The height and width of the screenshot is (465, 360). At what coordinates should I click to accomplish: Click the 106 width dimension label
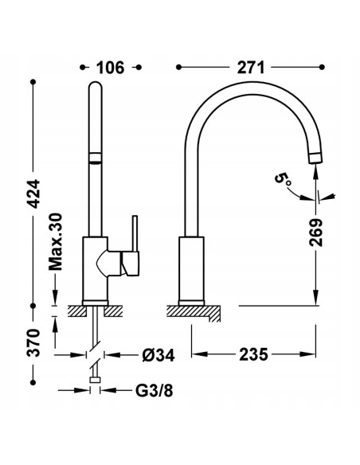[x=111, y=68]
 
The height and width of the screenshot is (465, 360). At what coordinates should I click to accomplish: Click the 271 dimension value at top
[x=251, y=68]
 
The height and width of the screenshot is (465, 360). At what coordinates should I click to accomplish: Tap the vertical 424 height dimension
[x=33, y=193]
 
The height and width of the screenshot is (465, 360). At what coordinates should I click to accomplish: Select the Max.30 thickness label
[x=56, y=242]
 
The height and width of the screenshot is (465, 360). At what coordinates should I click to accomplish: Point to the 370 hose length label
[x=33, y=342]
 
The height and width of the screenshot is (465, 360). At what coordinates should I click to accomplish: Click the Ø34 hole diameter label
[x=158, y=354]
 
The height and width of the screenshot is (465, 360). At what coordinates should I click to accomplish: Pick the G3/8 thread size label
[x=155, y=391]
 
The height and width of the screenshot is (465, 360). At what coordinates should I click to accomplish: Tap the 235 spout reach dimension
[x=253, y=354]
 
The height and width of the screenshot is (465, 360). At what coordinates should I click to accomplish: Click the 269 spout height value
[x=316, y=232]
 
